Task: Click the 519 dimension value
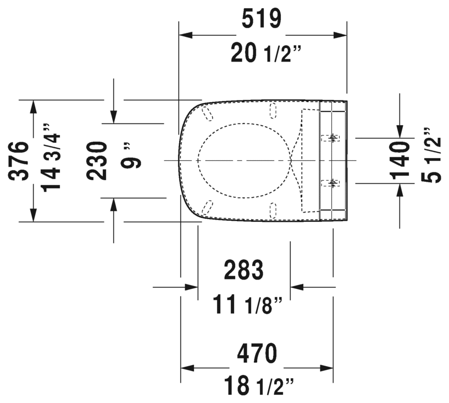pos(262,19)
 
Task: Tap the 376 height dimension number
pos(20,161)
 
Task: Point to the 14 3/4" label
pos(52,161)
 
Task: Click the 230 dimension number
pos(98,161)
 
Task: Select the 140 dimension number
pos(400,161)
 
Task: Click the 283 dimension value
pos(244,270)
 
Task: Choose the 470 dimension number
pos(257,352)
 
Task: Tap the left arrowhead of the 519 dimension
pos(187,35)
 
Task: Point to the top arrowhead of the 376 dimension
pos(34,107)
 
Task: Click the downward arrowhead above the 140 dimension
pos(400,130)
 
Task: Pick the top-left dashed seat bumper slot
pos(208,113)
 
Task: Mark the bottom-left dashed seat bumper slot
pos(207,207)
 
